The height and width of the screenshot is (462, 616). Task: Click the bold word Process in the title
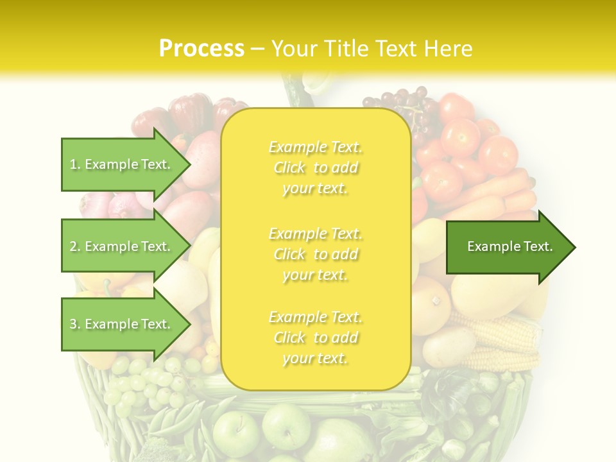(201, 49)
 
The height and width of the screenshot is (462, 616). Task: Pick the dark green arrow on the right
(510, 246)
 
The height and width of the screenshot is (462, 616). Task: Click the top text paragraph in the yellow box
(315, 167)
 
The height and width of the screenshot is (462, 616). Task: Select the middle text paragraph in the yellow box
(315, 254)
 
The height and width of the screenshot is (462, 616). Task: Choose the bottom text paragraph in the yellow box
(315, 338)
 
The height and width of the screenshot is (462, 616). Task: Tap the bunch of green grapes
(138, 385)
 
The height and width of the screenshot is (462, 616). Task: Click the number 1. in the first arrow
(75, 164)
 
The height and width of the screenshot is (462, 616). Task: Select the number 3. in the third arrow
(75, 324)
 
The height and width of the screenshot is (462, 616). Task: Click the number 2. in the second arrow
(75, 246)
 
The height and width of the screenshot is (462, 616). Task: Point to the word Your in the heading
(295, 49)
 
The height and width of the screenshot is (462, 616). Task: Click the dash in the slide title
(258, 49)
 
